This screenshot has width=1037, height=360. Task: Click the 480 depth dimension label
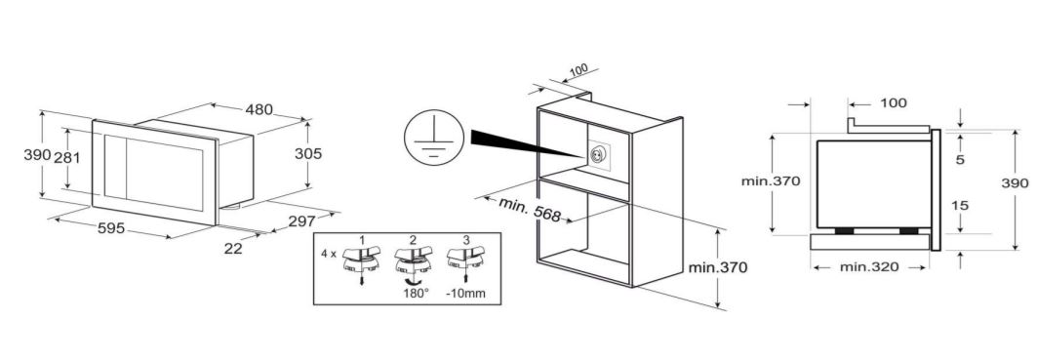tap(259, 110)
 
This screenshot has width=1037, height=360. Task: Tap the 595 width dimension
tap(111, 228)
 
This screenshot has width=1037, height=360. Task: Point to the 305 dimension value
tap(308, 153)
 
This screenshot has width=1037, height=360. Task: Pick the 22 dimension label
tap(233, 249)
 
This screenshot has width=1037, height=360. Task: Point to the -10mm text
tap(465, 293)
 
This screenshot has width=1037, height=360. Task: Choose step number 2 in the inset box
tap(414, 240)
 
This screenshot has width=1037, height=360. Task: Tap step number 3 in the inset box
tap(466, 240)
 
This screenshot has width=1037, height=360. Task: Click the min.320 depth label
tap(869, 267)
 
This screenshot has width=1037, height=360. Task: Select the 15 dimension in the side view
tap(959, 206)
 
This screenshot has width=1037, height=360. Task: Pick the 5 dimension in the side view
tap(960, 159)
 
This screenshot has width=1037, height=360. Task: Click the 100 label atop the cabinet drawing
tap(578, 69)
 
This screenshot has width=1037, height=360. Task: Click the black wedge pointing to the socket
tap(523, 143)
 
